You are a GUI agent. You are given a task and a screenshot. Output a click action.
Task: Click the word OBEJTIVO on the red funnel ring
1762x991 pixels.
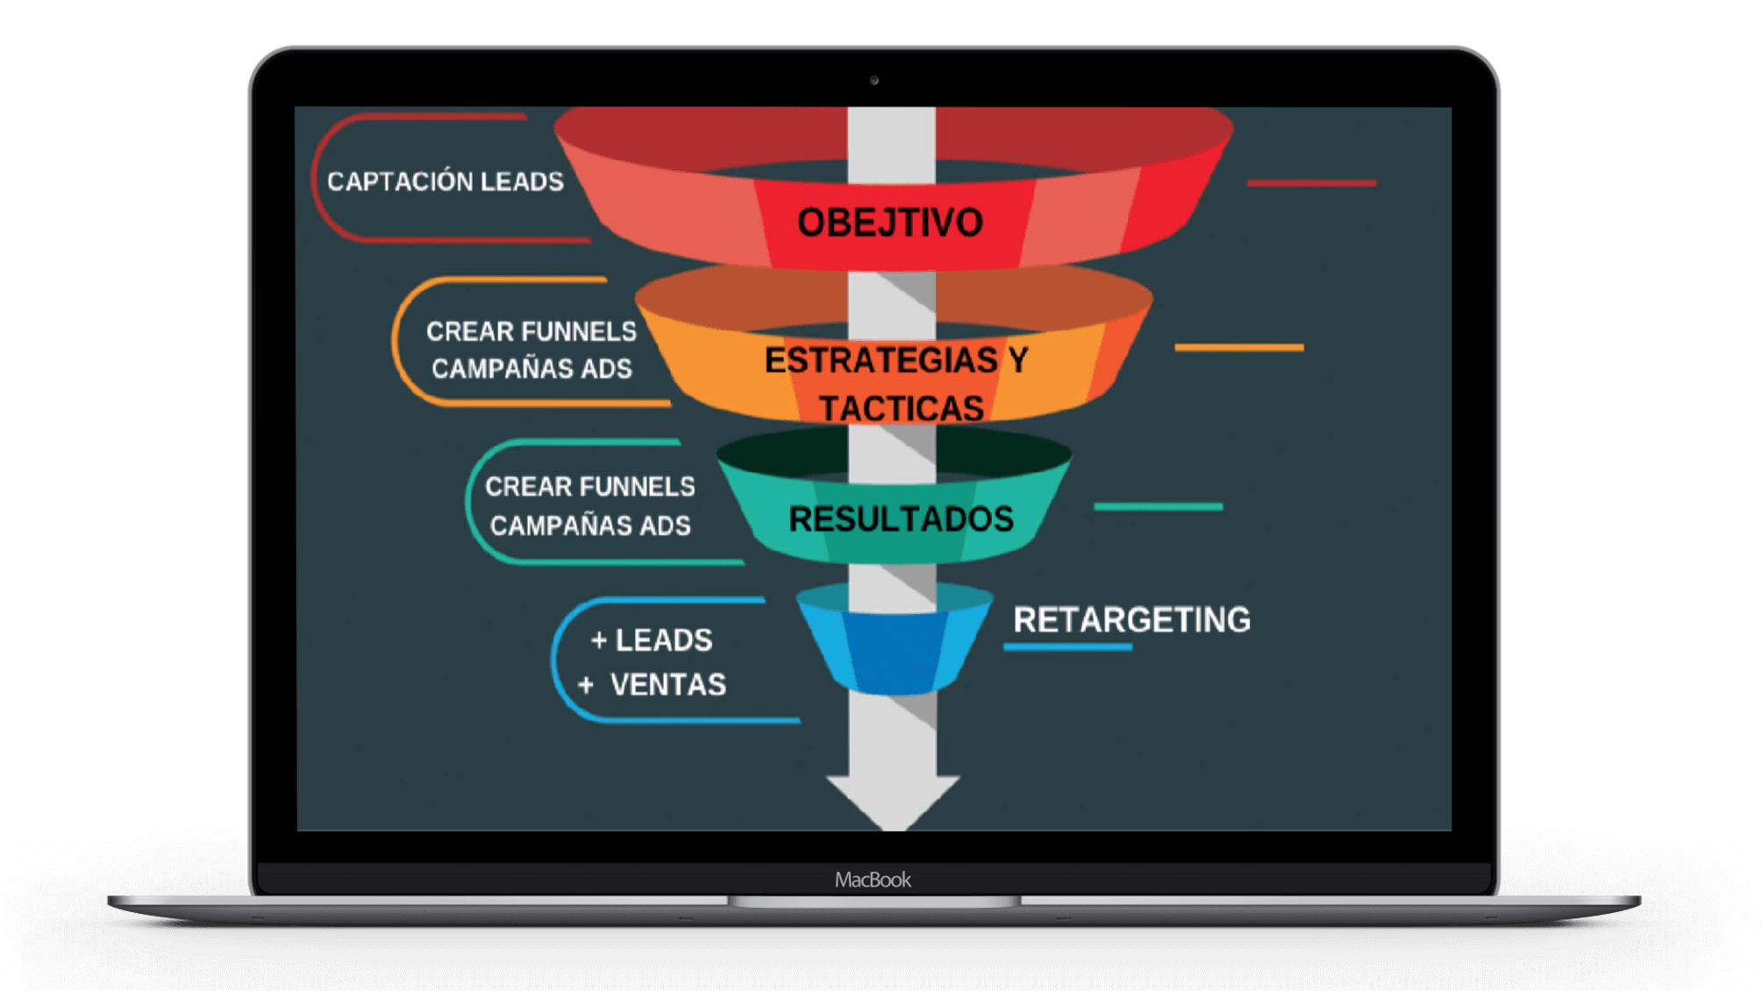point(889,223)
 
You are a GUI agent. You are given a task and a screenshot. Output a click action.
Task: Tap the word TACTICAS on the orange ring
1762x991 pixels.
point(902,409)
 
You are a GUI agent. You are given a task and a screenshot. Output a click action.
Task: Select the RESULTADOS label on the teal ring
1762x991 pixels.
point(901,519)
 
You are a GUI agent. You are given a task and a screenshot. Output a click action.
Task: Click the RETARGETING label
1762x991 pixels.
point(1131,620)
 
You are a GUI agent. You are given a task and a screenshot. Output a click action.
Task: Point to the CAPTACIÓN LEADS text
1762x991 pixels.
point(446,182)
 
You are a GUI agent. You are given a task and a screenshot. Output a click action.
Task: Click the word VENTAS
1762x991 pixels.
point(668,684)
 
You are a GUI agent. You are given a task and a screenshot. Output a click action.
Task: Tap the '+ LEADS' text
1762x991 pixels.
point(652,640)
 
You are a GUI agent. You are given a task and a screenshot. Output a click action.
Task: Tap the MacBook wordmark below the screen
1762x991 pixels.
point(873,880)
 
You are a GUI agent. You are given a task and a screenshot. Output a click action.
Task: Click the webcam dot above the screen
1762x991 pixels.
point(874,81)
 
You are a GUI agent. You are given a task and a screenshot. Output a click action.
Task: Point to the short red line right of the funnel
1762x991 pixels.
point(1311,183)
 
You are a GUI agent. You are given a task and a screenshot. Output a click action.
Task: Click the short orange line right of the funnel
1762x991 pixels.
point(1238,347)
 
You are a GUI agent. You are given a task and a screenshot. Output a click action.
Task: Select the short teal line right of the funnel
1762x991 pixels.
point(1158,507)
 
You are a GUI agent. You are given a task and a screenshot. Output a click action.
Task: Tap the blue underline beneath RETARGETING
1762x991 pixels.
point(1067,647)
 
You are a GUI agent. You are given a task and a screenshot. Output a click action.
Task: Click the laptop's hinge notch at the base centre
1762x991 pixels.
point(874,902)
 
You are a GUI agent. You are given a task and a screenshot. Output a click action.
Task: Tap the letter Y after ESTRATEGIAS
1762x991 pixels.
point(1017,360)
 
